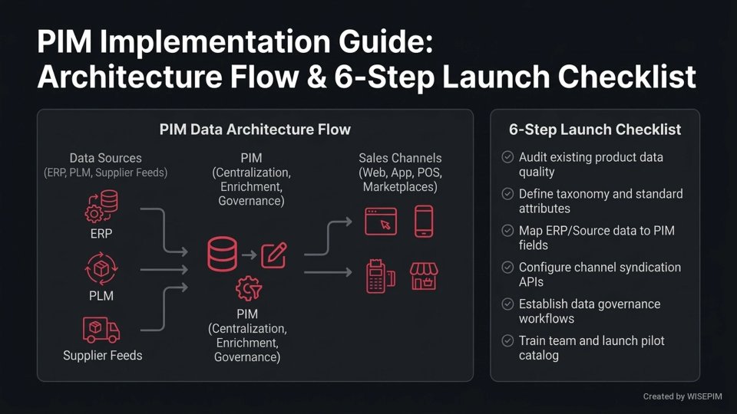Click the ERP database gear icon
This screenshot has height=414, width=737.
101,205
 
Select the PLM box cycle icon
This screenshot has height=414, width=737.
101,270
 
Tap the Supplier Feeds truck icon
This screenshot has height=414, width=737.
101,330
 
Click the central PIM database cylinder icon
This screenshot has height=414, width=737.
221,255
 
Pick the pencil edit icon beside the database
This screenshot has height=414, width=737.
274,255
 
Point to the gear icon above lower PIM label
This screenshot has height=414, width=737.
247,289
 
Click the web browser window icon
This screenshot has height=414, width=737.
380,221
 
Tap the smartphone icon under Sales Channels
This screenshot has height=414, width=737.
423,221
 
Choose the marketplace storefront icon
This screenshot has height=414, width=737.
423,277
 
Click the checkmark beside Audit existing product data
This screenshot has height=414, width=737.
507,157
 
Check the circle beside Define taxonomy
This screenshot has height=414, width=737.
507,194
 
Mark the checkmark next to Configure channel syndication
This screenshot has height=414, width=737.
507,268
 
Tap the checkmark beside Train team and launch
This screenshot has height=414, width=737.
507,340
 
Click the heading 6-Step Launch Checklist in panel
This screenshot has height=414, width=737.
595,130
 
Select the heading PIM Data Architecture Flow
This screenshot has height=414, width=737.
255,130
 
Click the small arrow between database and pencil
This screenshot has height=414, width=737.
249,255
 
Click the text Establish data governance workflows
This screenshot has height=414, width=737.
589,310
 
